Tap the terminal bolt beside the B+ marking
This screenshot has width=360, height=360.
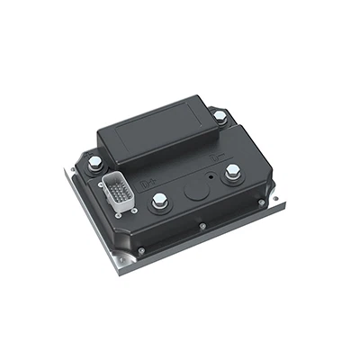(x=159, y=200)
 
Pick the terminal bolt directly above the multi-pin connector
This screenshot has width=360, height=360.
(x=94, y=162)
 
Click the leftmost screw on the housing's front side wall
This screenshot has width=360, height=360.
(x=140, y=247)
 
